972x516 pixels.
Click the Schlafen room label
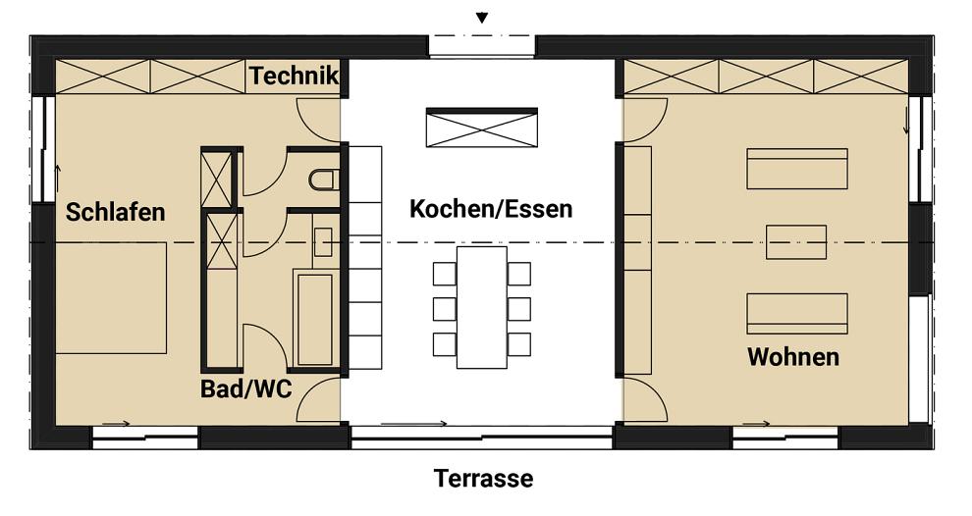pos(115,212)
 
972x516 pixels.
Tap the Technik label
pos(294,76)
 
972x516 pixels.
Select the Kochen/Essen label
pos(490,209)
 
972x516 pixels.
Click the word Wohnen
pos(793,356)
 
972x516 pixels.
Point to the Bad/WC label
pos(245,388)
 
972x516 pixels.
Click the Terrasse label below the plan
pos(484,479)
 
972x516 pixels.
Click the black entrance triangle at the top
pos(481,18)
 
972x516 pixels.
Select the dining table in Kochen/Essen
pos(481,307)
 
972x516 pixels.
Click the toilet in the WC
pos(324,180)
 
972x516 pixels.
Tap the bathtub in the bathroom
pos(315,319)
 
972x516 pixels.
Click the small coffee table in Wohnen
pos(795,241)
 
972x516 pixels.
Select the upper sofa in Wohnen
pos(796,169)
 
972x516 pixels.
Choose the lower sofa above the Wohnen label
pos(796,314)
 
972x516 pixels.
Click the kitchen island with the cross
pos(481,129)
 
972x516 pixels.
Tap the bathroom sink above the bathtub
pos(323,241)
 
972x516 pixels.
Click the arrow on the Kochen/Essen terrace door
pos(413,424)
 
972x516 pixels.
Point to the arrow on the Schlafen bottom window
pos(116,424)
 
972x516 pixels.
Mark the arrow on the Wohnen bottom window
pos(756,424)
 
